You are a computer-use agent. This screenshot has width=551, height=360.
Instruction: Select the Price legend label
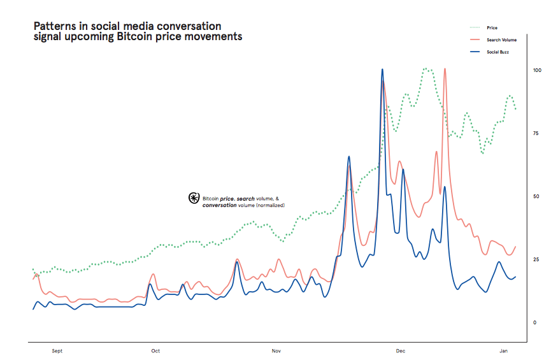click(492, 28)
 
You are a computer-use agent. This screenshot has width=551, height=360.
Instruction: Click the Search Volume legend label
click(501, 40)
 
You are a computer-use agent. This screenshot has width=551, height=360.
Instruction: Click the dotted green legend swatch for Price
click(475, 28)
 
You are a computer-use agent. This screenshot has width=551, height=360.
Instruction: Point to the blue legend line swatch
click(475, 51)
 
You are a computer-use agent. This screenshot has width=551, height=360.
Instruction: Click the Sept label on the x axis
click(57, 351)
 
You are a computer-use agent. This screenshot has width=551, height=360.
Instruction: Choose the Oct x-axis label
click(155, 351)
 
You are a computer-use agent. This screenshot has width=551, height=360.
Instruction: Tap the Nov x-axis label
click(276, 351)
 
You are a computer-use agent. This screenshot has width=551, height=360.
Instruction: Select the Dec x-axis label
click(401, 351)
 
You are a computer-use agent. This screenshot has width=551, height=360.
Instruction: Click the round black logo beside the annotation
click(194, 198)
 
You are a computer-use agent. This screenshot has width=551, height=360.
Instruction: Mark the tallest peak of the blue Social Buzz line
click(382, 69)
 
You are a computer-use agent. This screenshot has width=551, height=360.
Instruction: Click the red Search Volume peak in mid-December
click(445, 69)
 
